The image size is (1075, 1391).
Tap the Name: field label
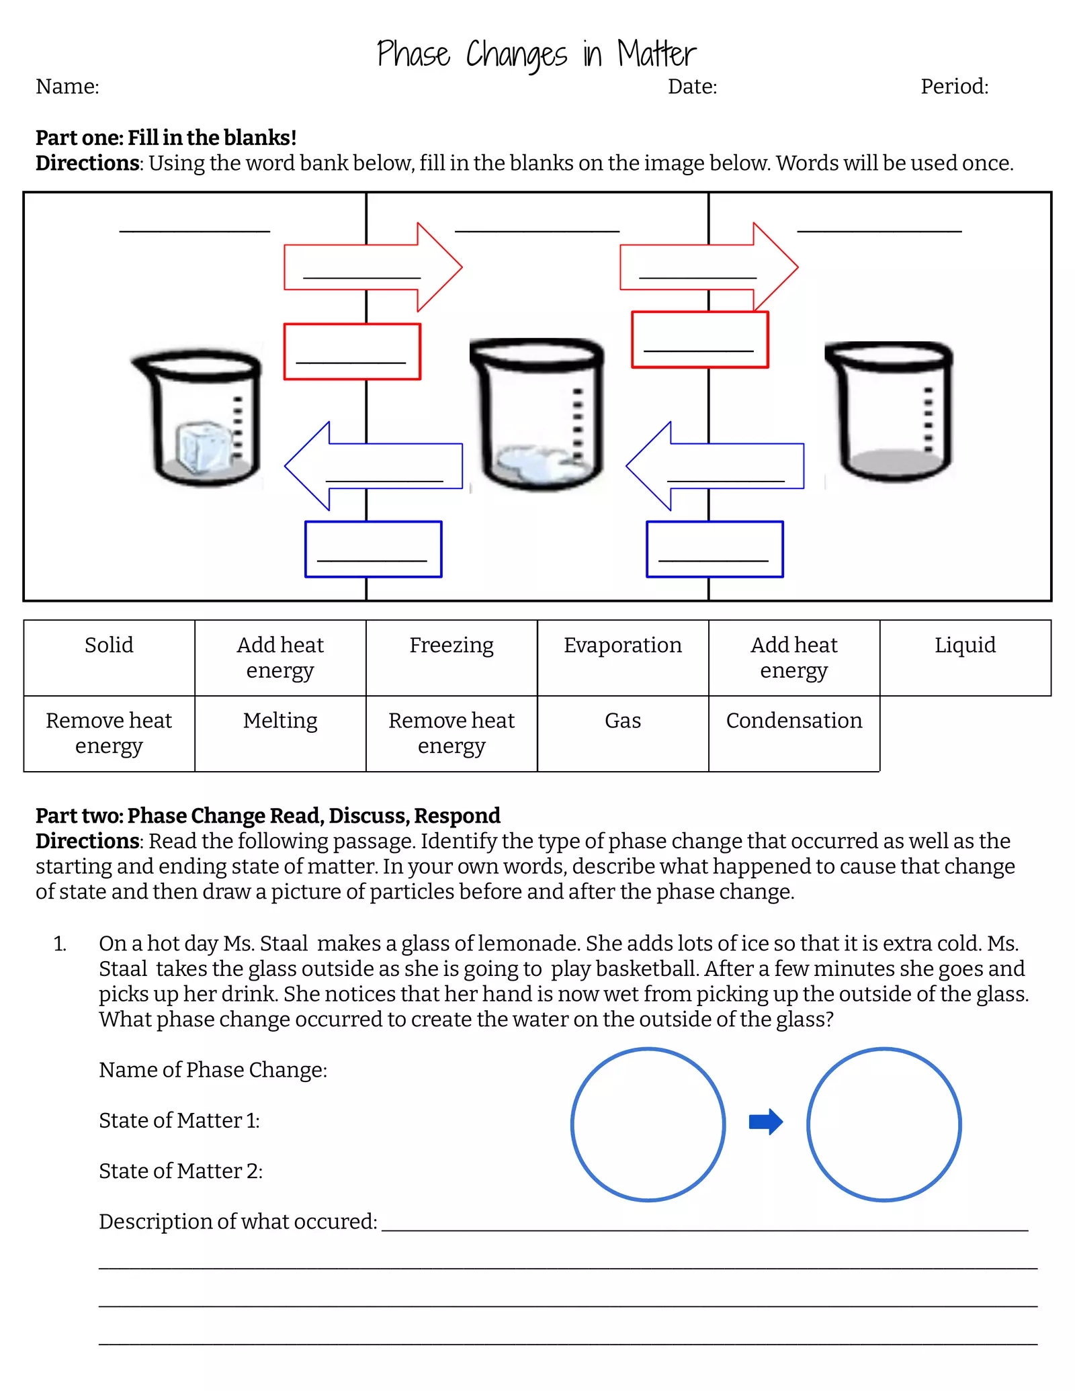click(67, 87)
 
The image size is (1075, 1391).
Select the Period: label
click(954, 87)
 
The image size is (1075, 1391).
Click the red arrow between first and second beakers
click(373, 267)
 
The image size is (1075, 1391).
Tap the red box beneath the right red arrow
click(699, 340)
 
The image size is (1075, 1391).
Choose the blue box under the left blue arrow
click(373, 549)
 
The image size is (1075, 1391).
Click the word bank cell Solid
click(109, 645)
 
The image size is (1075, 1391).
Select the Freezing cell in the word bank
click(451, 645)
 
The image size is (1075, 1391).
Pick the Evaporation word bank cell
click(623, 645)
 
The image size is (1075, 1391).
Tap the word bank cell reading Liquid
click(965, 645)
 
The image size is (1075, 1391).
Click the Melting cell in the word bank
click(280, 721)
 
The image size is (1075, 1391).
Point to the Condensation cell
click(794, 721)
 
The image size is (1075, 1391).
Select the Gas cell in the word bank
click(623, 721)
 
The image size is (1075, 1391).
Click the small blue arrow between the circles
click(766, 1121)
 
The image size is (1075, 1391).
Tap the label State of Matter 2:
click(181, 1171)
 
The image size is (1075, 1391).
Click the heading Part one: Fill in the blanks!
click(166, 138)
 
